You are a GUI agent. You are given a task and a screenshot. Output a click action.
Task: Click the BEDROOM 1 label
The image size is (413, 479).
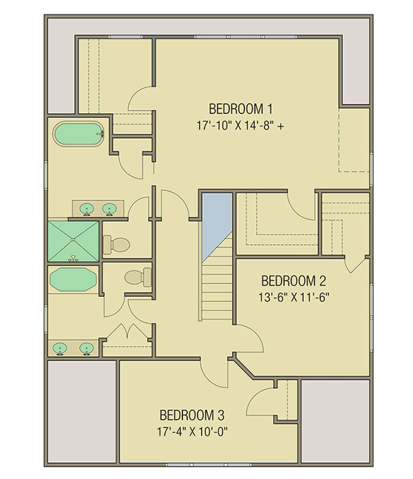(241, 109)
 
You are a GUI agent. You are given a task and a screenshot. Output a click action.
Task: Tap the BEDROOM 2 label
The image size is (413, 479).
(293, 281)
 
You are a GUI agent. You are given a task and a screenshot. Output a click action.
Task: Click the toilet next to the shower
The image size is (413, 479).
(116, 243)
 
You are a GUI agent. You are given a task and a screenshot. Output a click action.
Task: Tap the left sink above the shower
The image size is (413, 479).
(88, 208)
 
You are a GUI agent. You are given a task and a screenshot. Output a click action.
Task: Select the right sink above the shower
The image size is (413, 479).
(109, 208)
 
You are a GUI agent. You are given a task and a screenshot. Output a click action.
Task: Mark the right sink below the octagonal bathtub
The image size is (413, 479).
(86, 348)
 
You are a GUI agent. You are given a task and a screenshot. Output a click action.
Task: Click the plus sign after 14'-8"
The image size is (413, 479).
(282, 126)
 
